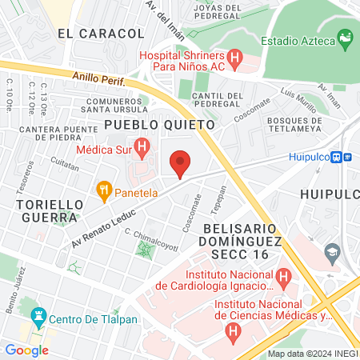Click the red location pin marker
(x=180, y=163)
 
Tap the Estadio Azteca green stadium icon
(x=346, y=38)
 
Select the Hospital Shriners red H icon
(x=234, y=58)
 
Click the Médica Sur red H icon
(x=142, y=147)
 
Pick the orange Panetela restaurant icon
(x=103, y=190)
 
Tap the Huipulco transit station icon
(x=339, y=158)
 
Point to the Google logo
(x=26, y=350)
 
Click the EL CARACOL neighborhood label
(x=101, y=34)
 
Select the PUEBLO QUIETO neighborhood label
(x=159, y=125)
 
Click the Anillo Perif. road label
(x=98, y=78)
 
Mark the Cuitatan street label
(x=65, y=165)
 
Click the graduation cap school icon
(x=330, y=254)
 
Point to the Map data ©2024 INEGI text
(x=313, y=354)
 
